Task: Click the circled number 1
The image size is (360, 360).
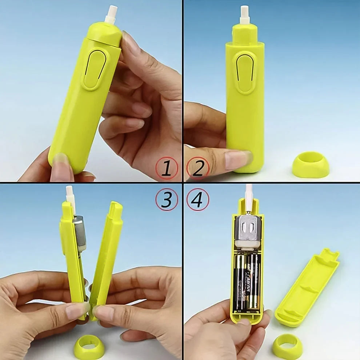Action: [167, 168]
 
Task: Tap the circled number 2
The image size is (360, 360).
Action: [197, 168]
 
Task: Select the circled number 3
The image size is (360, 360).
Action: [167, 199]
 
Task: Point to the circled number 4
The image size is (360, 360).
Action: [197, 199]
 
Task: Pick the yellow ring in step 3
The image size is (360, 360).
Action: [89, 347]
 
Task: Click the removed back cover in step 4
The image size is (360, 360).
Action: [307, 287]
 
